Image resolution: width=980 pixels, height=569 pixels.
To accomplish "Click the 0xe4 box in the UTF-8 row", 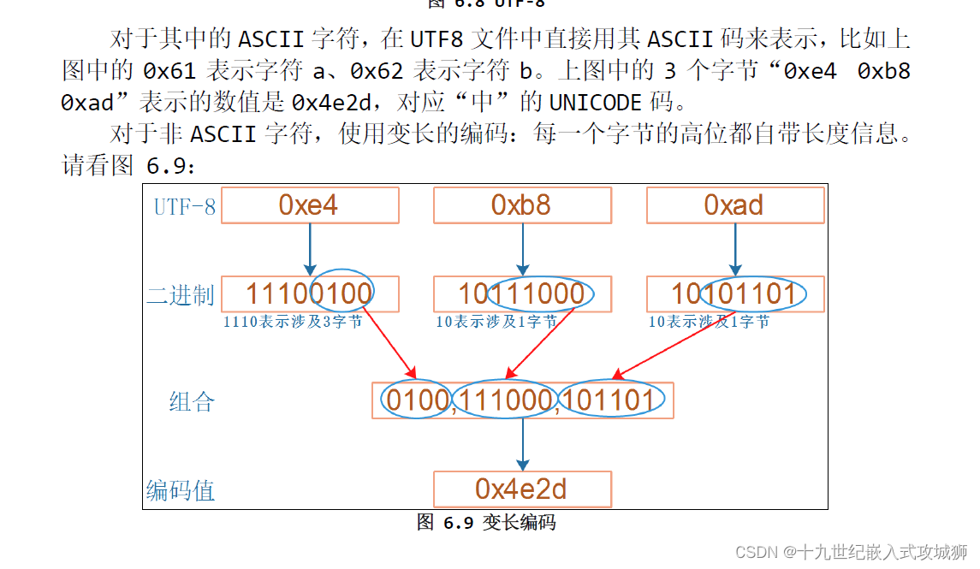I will click(309, 205).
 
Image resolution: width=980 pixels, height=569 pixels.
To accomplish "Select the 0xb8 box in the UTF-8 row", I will click(522, 205).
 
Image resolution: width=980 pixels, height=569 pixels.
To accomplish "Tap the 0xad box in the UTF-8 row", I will click(734, 205).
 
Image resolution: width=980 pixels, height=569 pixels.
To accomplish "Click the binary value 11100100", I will click(309, 294).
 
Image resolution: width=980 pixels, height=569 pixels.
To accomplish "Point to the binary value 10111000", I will click(522, 294).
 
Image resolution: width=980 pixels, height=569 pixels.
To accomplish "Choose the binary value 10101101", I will click(734, 294).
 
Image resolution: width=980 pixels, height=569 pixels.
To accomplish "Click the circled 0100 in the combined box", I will click(416, 400).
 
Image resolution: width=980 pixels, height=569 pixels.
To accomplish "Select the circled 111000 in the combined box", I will click(505, 400).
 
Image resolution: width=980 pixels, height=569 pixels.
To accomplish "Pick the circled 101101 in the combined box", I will click(609, 400).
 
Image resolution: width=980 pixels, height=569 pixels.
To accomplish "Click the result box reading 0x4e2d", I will click(522, 489).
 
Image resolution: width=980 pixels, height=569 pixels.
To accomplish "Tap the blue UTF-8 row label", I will click(184, 207).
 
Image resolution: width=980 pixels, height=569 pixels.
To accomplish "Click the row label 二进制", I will click(181, 296).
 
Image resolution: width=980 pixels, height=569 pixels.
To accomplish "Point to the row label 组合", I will click(192, 401).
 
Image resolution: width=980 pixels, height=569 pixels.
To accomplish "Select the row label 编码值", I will click(181, 490).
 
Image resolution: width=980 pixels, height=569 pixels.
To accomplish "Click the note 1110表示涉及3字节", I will click(292, 323).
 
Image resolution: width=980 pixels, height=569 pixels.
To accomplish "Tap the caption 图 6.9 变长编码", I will click(486, 522).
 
